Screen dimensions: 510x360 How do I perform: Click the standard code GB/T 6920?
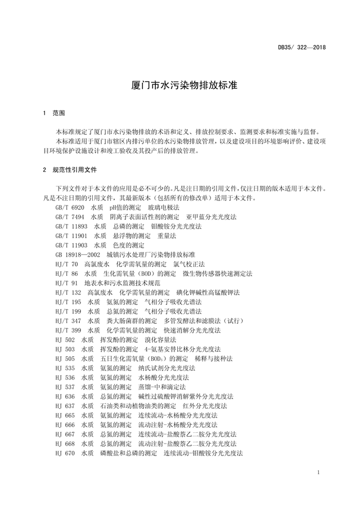point(70,208)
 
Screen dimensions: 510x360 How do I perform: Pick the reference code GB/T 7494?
point(70,217)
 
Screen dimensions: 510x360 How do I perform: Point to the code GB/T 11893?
point(71,226)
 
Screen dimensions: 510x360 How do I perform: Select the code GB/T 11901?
point(71,236)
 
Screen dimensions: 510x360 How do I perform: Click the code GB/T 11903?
point(71,245)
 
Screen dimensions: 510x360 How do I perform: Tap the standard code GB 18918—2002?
point(77,255)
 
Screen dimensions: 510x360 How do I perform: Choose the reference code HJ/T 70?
point(67,264)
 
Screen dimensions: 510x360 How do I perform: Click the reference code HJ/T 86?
point(67,274)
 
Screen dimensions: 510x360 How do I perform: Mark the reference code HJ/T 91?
point(67,283)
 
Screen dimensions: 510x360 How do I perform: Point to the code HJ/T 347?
point(69,321)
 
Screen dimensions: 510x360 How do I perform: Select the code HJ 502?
point(65,340)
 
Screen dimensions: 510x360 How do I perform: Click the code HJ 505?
point(65,359)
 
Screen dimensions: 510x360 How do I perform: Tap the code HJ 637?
point(65,406)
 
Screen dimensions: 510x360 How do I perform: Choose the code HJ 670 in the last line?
point(65,453)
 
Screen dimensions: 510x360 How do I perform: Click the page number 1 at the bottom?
point(318,472)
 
